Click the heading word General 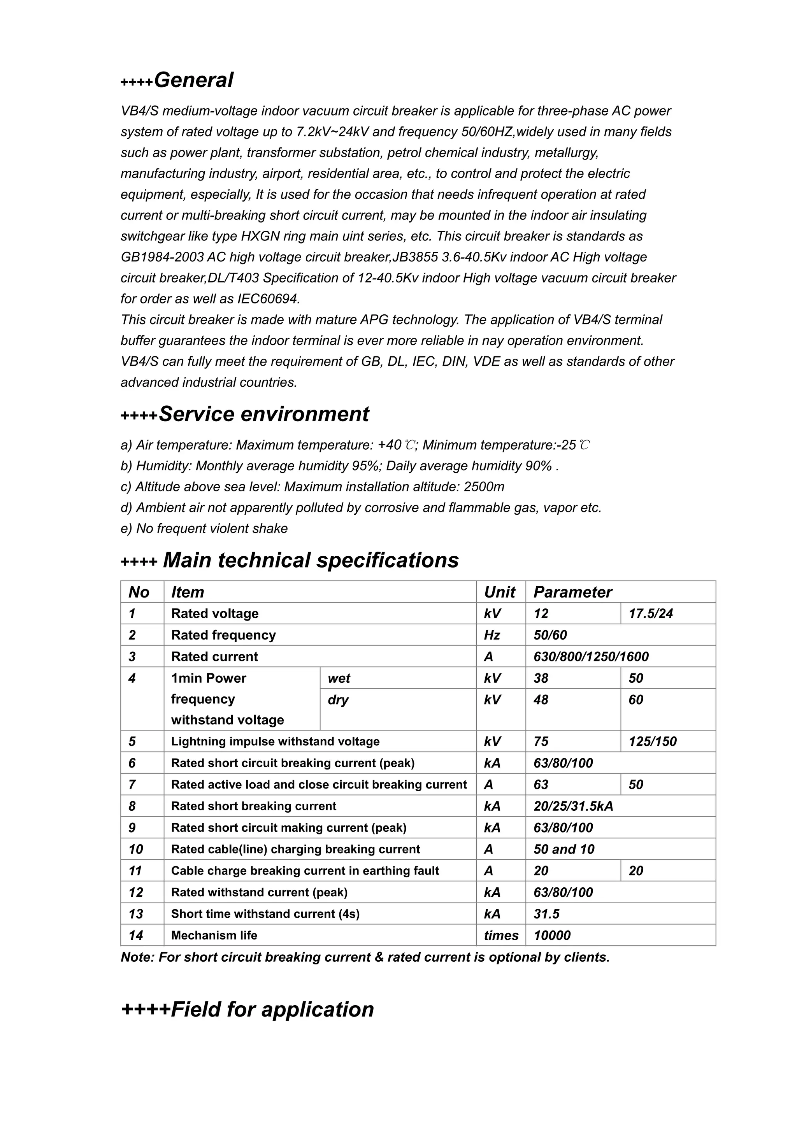[193, 80]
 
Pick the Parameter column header [572, 592]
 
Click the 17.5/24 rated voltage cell [651, 613]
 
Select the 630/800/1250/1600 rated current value [591, 657]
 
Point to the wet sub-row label [339, 678]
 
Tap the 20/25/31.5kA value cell [573, 806]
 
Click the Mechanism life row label [214, 936]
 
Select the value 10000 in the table [552, 936]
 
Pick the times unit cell [501, 936]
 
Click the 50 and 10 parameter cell [564, 849]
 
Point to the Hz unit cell [492, 635]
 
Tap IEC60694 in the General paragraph [268, 298]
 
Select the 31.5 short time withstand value [546, 914]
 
